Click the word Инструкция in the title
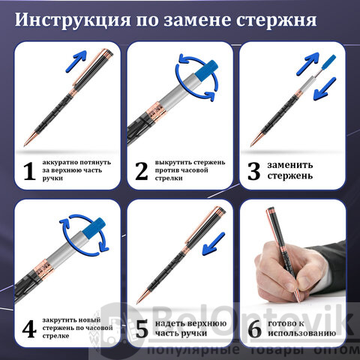point(73,20)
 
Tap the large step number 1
point(29,171)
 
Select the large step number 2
point(142,171)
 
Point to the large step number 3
point(253,171)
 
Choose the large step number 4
point(29,328)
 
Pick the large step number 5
point(142,329)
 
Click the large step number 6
point(255,329)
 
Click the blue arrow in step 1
point(76,61)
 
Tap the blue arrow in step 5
point(213,244)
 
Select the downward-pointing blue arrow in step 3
point(325,88)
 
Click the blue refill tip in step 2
point(206,69)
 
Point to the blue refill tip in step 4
point(94,227)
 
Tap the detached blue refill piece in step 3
point(328,62)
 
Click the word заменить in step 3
point(290,165)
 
